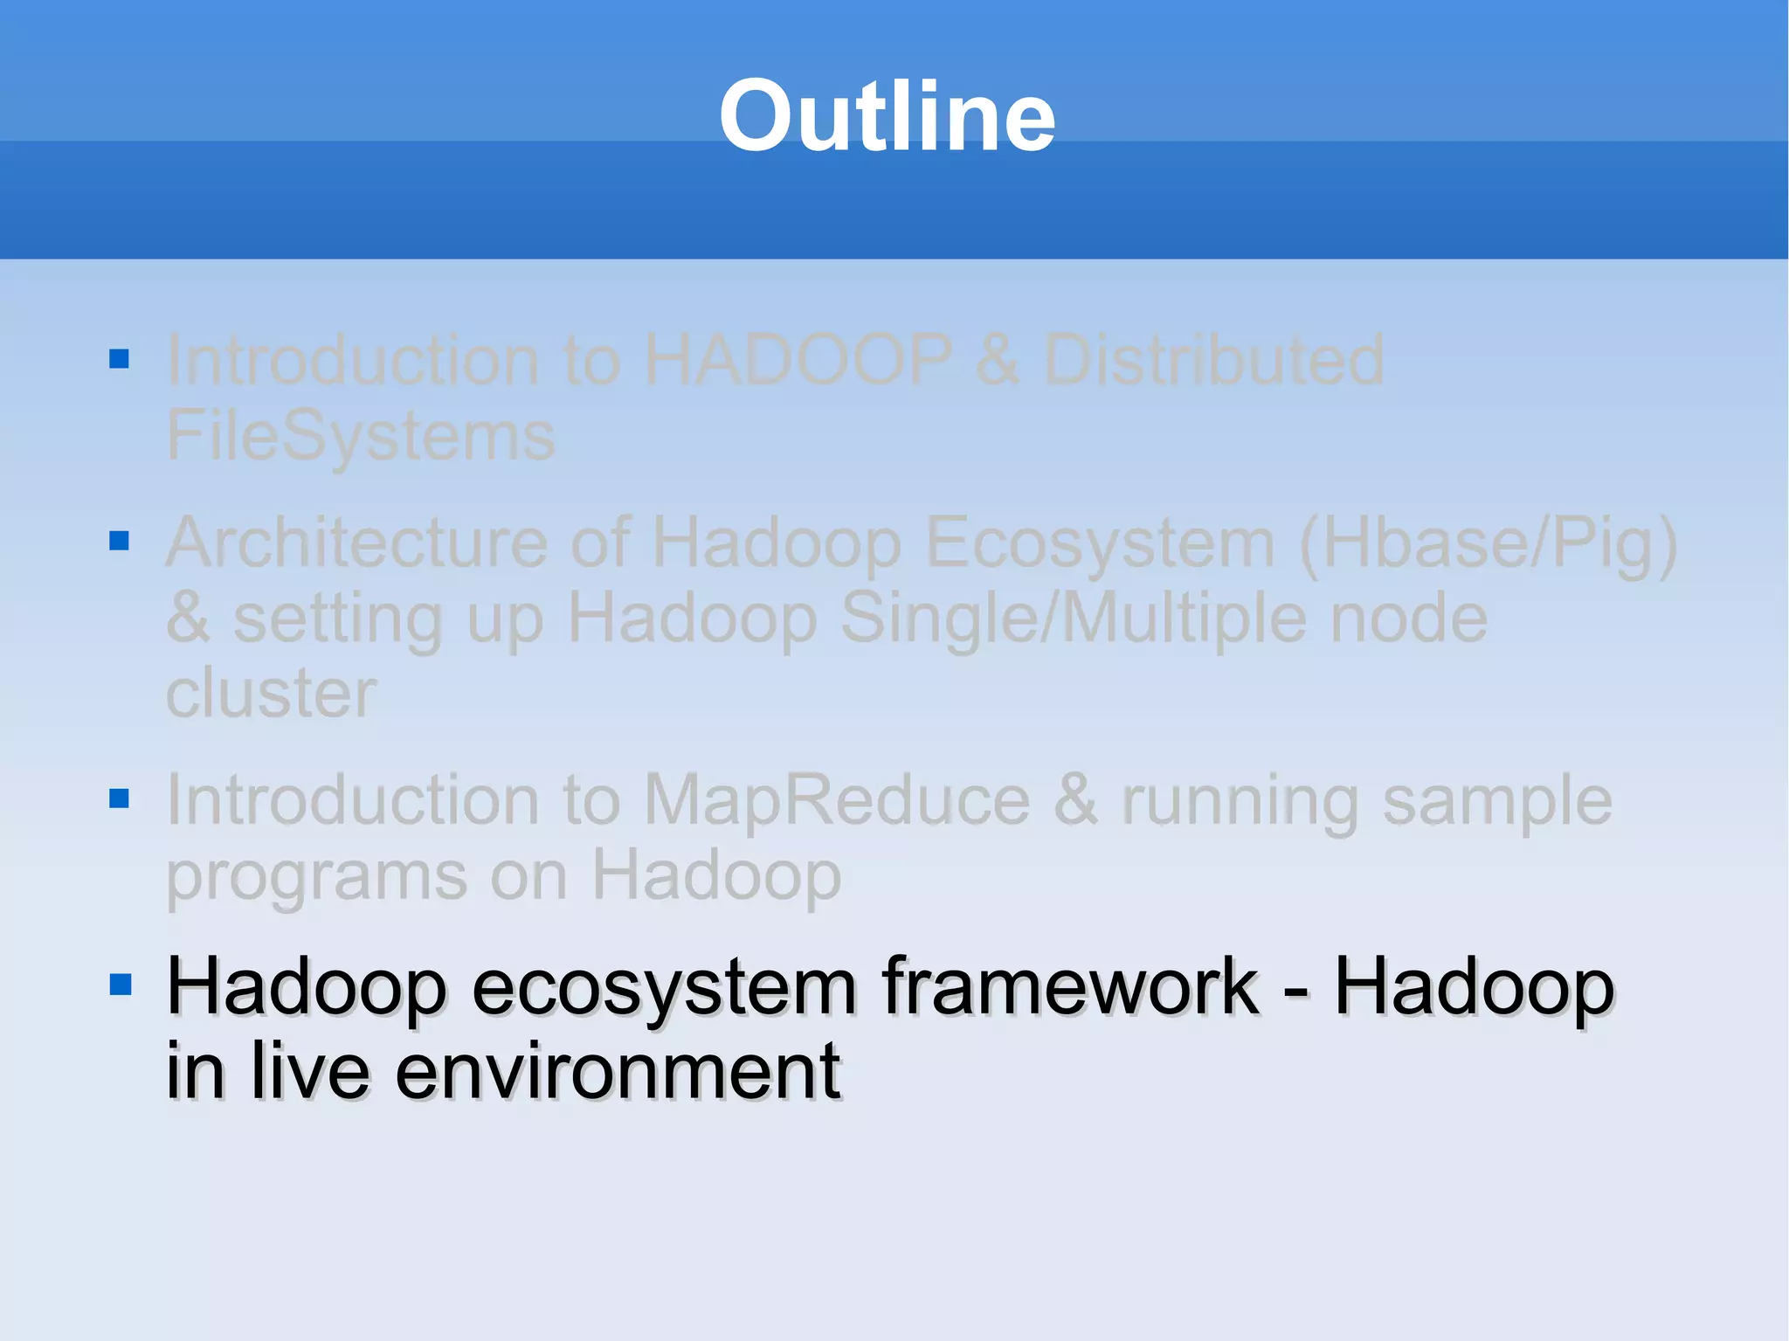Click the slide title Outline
click(x=887, y=116)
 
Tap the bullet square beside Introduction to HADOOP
click(x=120, y=359)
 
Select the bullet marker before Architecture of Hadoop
click(x=120, y=541)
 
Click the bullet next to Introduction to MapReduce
click(x=120, y=798)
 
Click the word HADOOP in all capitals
click(x=798, y=360)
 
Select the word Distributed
click(x=1214, y=360)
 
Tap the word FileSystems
click(x=360, y=436)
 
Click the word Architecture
click(x=356, y=543)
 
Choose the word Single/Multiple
click(x=1074, y=619)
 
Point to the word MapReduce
click(x=837, y=800)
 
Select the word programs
click(x=316, y=877)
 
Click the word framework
click(x=1070, y=987)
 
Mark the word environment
click(x=618, y=1071)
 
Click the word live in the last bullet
click(x=311, y=1071)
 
